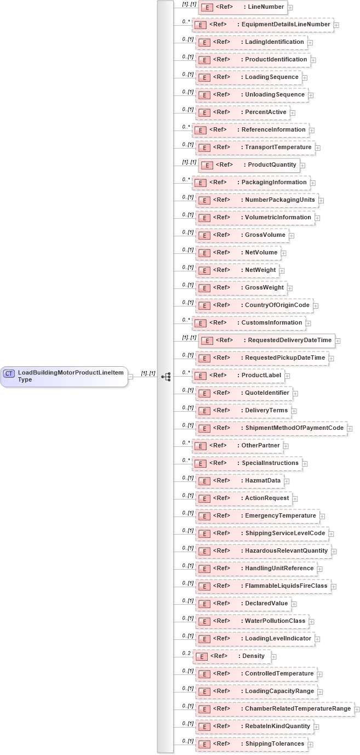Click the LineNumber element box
point(243,7)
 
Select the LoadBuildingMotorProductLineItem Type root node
point(64,376)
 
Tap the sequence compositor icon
point(165,376)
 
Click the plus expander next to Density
point(273,656)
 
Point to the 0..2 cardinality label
point(187,653)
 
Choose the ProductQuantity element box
point(249,165)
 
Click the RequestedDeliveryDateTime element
point(267,340)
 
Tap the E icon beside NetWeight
point(203,270)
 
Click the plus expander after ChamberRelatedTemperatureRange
point(357,709)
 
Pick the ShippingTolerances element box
point(251,744)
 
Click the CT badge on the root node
point(9,373)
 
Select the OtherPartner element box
point(238,446)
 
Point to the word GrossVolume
point(265,235)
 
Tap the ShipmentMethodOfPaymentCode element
point(271,428)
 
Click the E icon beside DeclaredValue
point(203,604)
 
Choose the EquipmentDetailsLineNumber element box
point(262,25)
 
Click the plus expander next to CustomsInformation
point(308,323)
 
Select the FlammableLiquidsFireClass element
point(263,586)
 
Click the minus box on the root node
point(131,376)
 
